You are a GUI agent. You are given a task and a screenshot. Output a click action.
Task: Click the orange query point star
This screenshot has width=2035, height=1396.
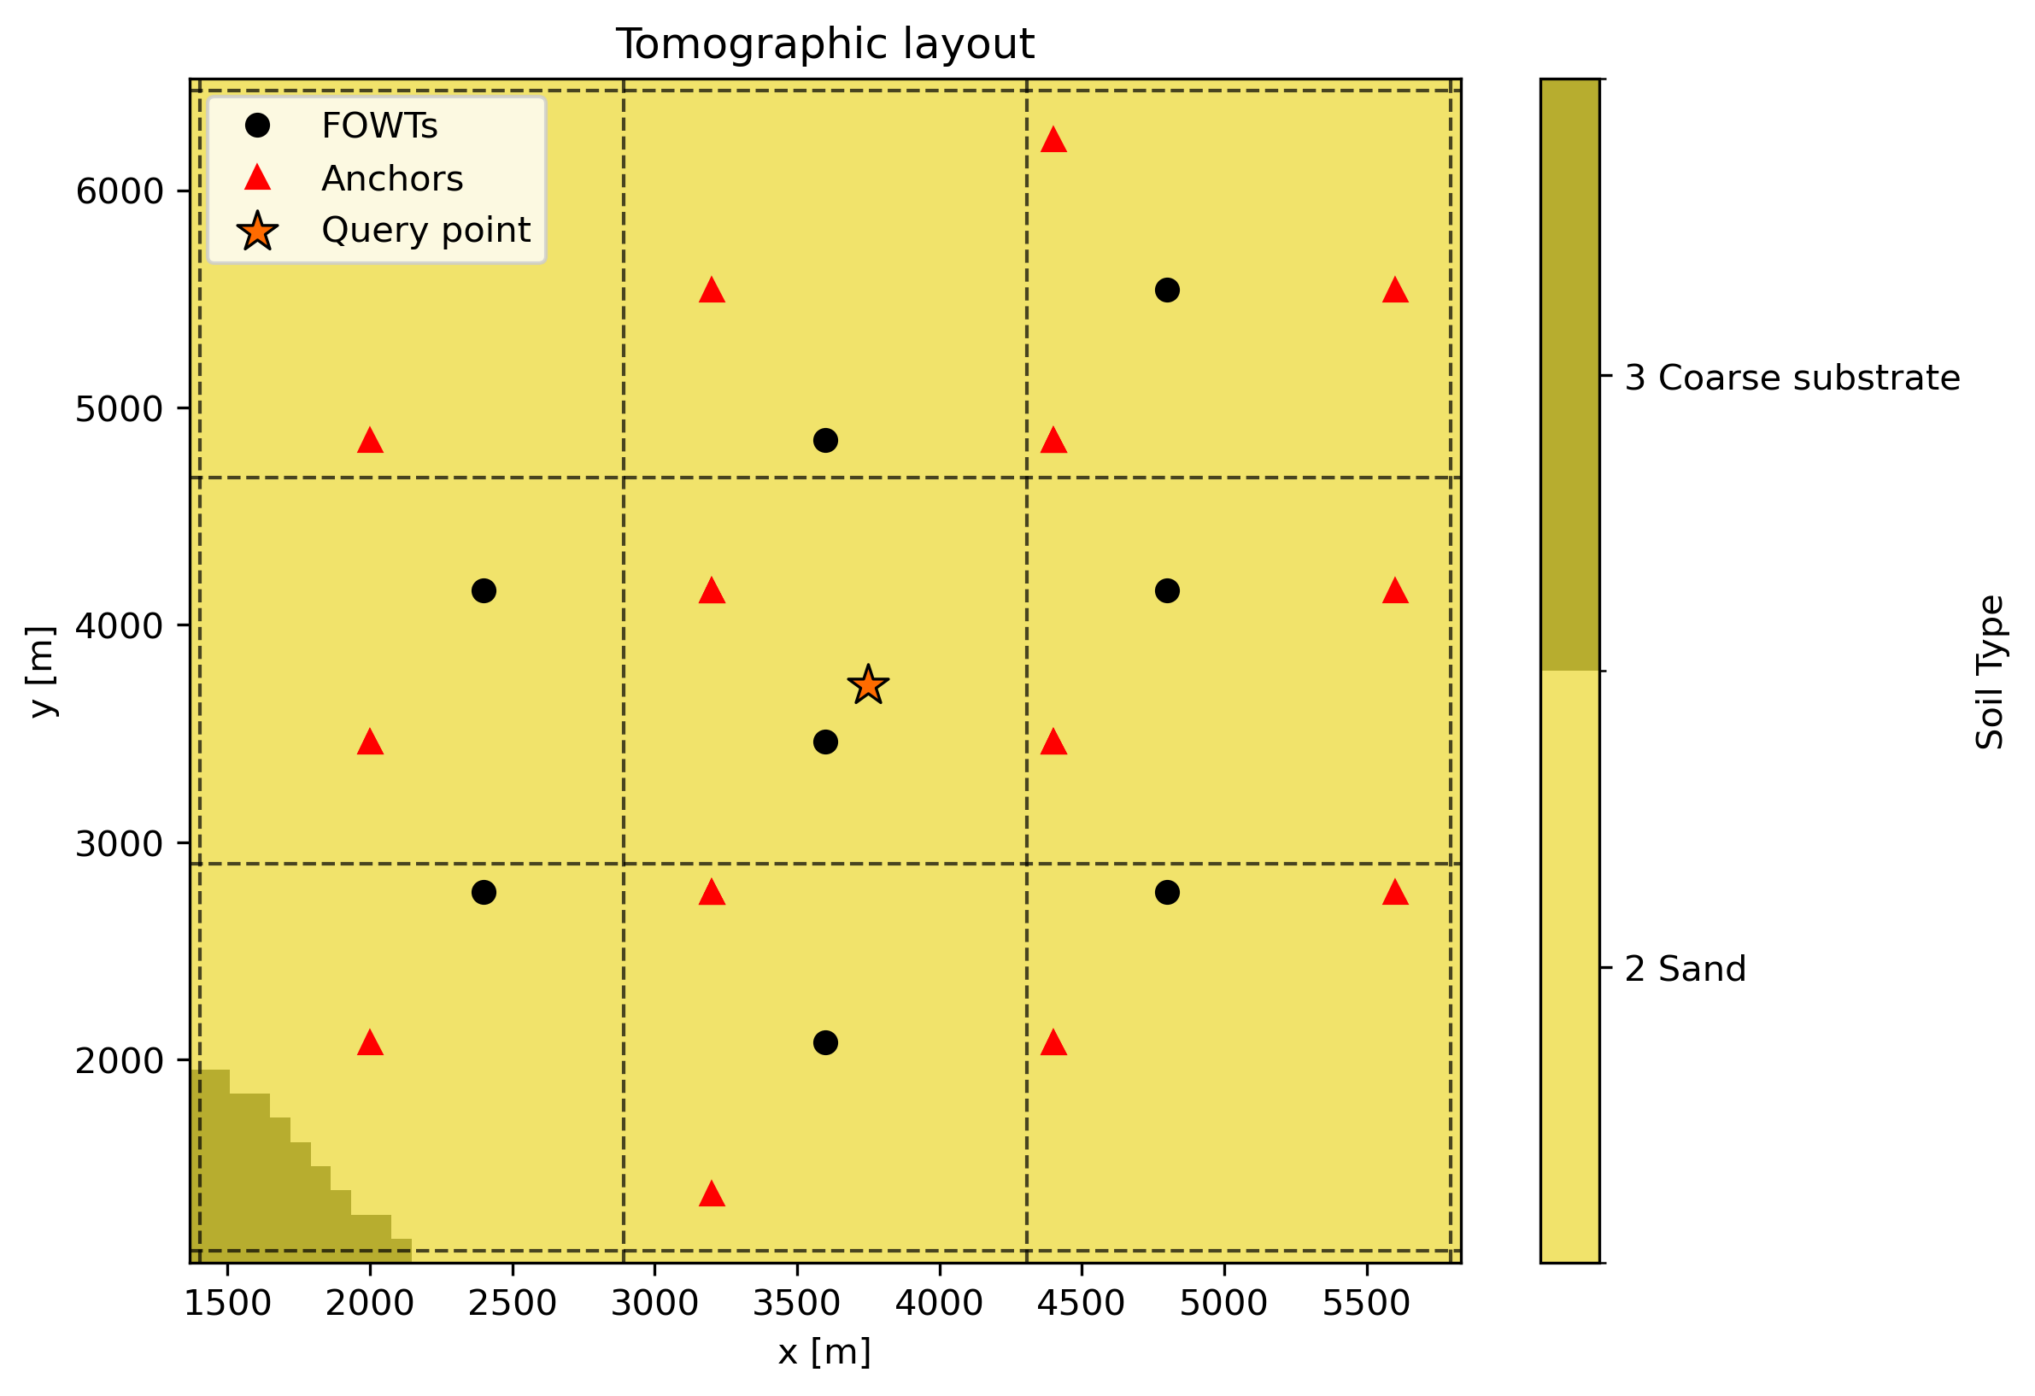(868, 685)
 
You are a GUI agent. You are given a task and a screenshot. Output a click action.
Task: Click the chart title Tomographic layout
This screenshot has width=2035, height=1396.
(825, 44)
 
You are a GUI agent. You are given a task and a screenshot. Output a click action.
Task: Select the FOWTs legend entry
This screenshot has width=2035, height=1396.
(378, 126)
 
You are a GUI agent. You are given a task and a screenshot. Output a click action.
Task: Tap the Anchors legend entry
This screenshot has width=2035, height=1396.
(391, 179)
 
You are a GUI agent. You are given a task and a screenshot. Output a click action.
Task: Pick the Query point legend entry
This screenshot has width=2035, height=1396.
(425, 231)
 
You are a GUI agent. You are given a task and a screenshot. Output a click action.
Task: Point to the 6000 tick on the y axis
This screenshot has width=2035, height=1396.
(119, 191)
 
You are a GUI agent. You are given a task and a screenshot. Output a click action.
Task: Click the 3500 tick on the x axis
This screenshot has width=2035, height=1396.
(797, 1303)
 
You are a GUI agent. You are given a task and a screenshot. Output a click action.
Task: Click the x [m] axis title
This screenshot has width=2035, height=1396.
(824, 1352)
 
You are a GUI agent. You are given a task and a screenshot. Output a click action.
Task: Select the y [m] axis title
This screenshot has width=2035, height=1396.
(41, 671)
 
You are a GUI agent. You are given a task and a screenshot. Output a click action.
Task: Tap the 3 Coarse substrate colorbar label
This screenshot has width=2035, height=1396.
(1792, 378)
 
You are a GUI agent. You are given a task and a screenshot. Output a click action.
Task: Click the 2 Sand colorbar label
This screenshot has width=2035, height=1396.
(1685, 970)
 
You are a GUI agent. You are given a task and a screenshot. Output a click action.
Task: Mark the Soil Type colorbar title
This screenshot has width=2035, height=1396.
(1990, 672)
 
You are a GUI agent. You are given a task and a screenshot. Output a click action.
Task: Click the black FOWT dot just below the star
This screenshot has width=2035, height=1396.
(825, 742)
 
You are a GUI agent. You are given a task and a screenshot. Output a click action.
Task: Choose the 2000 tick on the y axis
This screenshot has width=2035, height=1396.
(119, 1060)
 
